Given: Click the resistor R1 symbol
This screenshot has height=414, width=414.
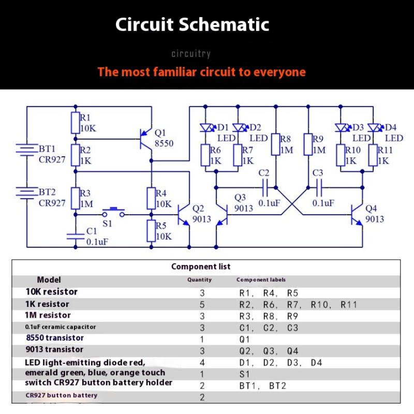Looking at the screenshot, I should (x=75, y=123).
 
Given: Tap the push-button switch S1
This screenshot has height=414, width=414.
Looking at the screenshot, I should (x=114, y=211).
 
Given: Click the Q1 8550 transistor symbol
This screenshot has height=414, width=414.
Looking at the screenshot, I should (x=147, y=139).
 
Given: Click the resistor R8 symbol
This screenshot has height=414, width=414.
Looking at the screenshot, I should (x=276, y=145).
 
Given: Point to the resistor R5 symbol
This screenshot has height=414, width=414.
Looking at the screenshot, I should (x=151, y=231).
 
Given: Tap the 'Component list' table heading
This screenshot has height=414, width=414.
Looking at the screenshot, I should (x=201, y=267).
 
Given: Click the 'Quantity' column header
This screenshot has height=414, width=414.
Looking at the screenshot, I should (x=199, y=279).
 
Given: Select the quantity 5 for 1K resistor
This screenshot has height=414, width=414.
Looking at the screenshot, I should (x=202, y=305).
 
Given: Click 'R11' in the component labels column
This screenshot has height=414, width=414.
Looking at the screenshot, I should (x=349, y=305).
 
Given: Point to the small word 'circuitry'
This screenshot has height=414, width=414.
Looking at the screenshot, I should (x=191, y=54).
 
